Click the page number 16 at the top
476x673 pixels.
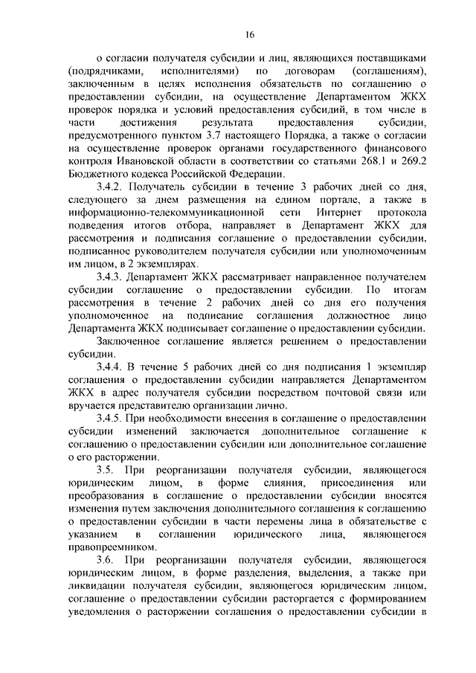coord(248,34)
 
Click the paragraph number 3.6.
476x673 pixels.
coord(107,558)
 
